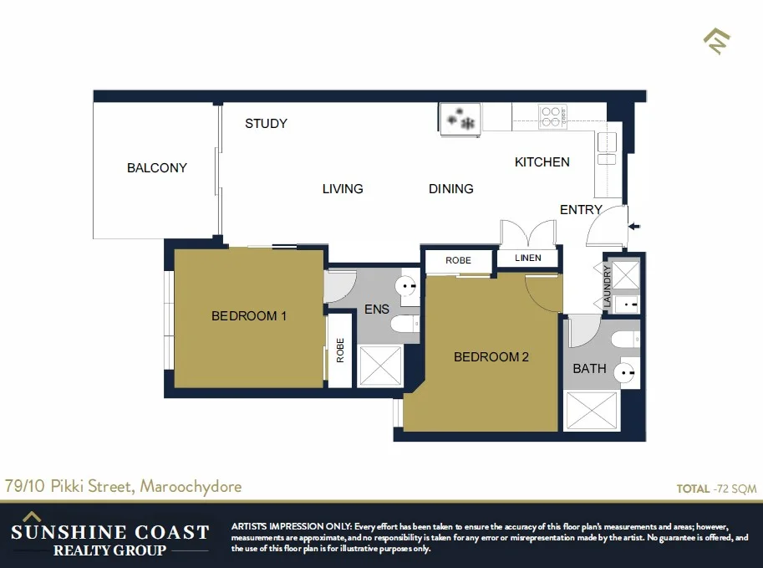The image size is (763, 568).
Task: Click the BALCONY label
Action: coord(156,167)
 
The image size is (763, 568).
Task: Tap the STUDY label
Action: coord(266,124)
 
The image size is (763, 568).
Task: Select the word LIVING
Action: coord(343,189)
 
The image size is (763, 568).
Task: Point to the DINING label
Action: coord(451,189)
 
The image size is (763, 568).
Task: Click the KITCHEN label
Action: coord(542,162)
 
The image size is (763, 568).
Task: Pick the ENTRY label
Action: coord(581,210)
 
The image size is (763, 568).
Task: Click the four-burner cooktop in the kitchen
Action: coord(552,116)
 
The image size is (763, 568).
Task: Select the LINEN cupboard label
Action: coord(527,258)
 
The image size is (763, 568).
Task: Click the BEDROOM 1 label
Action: coord(249,316)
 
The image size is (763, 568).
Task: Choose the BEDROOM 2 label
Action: coord(491,357)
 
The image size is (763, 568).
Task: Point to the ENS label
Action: coord(377,310)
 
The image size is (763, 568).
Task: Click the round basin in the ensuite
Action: coord(407,287)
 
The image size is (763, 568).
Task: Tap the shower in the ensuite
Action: coord(380,365)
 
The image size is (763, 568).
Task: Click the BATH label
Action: coord(589,369)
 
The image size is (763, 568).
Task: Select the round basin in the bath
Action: coord(626,371)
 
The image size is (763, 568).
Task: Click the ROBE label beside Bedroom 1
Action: coord(340,350)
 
